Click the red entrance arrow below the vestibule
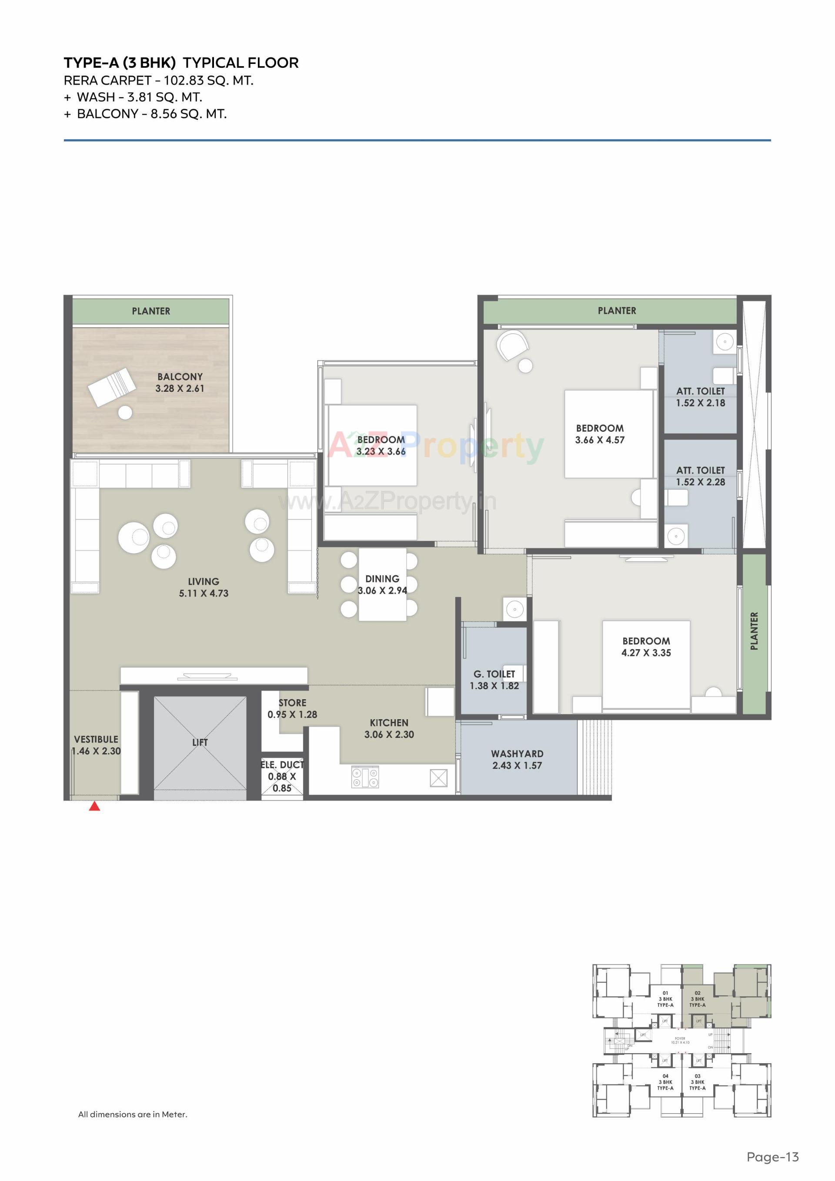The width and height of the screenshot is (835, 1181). tap(94, 806)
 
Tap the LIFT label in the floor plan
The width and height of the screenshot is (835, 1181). tap(200, 742)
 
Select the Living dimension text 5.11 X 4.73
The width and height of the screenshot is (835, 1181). tap(204, 593)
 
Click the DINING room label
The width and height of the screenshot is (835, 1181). tap(382, 579)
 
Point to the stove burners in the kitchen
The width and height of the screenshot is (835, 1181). tap(365, 777)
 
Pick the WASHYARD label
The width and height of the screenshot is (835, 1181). tap(517, 754)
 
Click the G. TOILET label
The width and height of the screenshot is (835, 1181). tap(494, 674)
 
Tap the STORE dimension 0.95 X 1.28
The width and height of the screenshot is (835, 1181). tap(292, 714)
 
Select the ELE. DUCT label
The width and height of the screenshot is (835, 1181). tap(282, 765)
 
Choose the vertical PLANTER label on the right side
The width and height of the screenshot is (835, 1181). tap(754, 631)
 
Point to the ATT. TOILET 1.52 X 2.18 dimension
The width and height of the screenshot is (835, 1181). tap(700, 403)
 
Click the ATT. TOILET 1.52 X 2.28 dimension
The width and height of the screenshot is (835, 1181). tap(700, 482)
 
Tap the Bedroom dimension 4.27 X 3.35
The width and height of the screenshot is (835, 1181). tap(646, 653)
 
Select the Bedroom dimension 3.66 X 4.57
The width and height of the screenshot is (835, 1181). tap(599, 440)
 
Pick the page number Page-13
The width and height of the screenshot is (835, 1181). tap(772, 1157)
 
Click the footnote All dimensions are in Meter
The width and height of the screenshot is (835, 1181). tap(133, 1114)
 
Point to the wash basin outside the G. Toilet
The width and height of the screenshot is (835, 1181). tap(514, 610)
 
